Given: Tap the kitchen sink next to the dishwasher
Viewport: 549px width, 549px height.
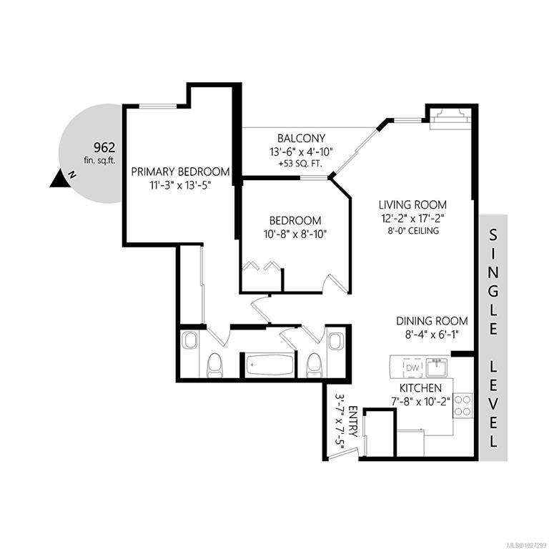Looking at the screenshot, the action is (x=437, y=367).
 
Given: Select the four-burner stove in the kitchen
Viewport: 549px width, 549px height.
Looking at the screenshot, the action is (x=463, y=405).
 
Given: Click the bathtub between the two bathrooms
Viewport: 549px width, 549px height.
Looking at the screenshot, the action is (x=269, y=365).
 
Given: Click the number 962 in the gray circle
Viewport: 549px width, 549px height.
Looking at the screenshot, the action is (x=104, y=147).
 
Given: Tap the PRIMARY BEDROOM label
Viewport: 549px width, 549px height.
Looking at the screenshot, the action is (x=180, y=172).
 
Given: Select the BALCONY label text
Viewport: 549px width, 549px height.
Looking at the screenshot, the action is (x=301, y=138).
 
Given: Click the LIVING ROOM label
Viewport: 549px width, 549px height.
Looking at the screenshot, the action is (x=412, y=204).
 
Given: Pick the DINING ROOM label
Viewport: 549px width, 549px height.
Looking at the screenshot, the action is (x=432, y=321).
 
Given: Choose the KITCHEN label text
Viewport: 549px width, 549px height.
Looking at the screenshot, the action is (x=420, y=388).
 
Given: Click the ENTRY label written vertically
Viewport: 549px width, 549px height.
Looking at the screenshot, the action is (x=352, y=422).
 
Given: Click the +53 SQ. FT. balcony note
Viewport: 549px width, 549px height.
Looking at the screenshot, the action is (x=301, y=164).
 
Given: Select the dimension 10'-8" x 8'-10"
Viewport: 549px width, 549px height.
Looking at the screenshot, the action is (x=295, y=234).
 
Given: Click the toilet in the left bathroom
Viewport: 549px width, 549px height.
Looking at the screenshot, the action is (x=214, y=365).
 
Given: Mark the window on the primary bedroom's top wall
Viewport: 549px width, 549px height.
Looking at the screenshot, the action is (x=158, y=106).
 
